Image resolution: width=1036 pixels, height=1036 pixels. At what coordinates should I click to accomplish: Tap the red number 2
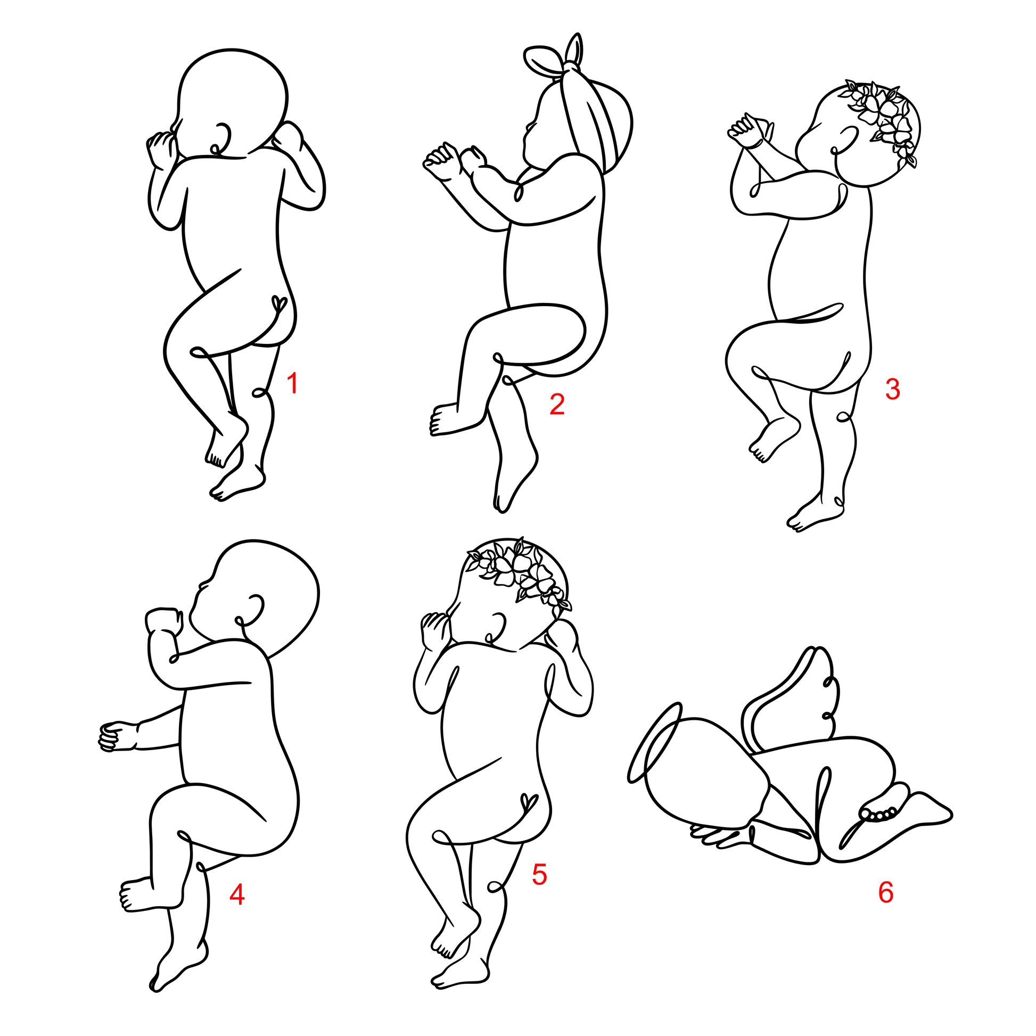point(557,404)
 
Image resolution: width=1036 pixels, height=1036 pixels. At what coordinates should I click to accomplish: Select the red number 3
point(892,389)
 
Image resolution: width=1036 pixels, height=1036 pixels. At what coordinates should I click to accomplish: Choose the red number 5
point(539,874)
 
